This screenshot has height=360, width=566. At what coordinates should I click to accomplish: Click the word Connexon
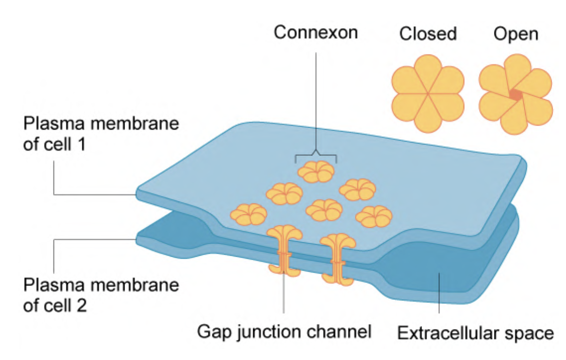(x=316, y=32)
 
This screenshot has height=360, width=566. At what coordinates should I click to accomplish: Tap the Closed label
(x=428, y=33)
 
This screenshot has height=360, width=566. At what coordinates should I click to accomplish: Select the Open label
(x=516, y=34)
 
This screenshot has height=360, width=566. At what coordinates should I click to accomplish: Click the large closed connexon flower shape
(x=428, y=94)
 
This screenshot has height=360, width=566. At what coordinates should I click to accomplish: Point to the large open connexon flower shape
(x=516, y=95)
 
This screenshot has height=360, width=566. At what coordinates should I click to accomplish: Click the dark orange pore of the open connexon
(x=516, y=95)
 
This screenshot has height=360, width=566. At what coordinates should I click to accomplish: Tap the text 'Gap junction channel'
(x=284, y=332)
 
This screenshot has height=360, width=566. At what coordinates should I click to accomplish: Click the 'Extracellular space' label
(x=475, y=333)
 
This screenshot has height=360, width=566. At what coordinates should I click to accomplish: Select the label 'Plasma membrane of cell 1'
(x=101, y=134)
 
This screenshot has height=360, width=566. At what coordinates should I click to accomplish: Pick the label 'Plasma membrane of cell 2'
(x=101, y=295)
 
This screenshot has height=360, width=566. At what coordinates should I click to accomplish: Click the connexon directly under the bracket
(x=316, y=171)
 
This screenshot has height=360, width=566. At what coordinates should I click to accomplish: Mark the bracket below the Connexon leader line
(x=316, y=156)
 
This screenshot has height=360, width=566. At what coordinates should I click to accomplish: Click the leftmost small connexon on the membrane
(x=249, y=214)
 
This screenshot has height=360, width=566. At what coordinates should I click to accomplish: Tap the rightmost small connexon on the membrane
(x=374, y=216)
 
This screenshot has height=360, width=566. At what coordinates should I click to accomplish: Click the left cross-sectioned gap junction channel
(x=285, y=250)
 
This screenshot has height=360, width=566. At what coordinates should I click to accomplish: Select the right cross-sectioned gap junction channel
(x=338, y=259)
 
